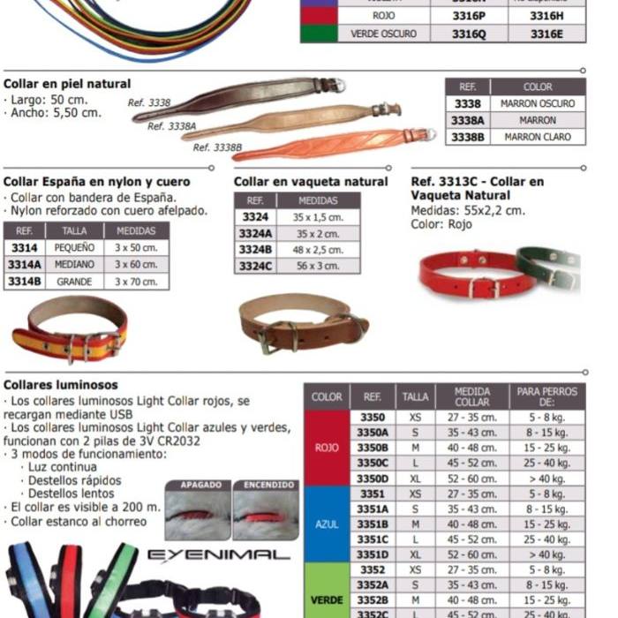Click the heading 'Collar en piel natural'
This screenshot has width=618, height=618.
(67, 84)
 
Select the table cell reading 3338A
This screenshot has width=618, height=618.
(467, 120)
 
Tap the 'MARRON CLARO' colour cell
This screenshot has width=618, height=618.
(538, 137)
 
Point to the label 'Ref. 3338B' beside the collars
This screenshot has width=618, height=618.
(215, 147)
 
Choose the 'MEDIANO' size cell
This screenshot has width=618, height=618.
(74, 265)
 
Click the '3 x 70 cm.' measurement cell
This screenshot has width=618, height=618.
(136, 282)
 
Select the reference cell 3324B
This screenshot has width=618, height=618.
(255, 250)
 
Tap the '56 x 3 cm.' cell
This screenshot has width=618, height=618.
(319, 266)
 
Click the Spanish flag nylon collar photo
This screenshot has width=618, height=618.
(70, 331)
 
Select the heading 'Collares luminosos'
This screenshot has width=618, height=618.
(61, 386)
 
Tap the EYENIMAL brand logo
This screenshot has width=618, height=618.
(218, 555)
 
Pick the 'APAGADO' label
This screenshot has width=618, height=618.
(198, 486)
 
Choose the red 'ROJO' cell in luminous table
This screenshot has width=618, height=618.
(327, 448)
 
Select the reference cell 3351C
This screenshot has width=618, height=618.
(373, 539)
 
